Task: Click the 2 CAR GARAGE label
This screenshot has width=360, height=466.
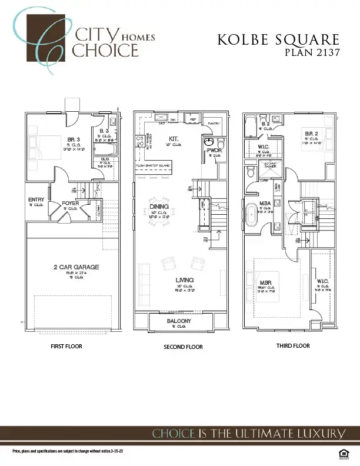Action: (74, 267)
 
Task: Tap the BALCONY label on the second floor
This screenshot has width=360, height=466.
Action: (178, 321)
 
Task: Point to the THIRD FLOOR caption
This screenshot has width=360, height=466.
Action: (293, 345)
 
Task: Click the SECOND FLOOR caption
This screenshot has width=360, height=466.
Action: (183, 347)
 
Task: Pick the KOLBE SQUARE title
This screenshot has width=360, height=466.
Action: (278, 40)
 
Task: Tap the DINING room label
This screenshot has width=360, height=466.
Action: (159, 207)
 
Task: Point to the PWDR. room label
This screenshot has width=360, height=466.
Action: (213, 151)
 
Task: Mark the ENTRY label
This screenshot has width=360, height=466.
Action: (36, 200)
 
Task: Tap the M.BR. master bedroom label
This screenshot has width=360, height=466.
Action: (265, 283)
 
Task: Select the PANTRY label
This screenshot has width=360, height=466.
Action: (214, 124)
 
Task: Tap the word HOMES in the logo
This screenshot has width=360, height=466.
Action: (142, 36)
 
